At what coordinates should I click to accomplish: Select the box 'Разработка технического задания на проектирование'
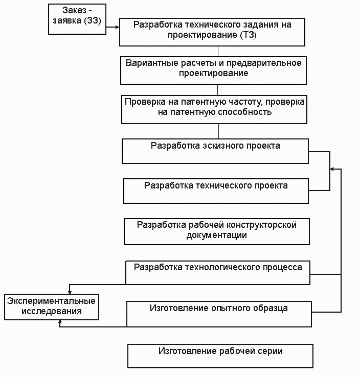click(x=212, y=32)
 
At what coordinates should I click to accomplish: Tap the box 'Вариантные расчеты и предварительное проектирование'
click(x=213, y=70)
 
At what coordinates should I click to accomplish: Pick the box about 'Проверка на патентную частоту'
click(x=215, y=109)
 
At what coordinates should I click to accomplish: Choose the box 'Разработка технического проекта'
click(x=216, y=191)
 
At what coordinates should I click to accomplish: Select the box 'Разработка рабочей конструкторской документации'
click(x=217, y=231)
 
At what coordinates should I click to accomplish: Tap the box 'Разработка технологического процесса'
click(x=218, y=272)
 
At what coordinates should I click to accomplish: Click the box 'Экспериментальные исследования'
click(x=51, y=306)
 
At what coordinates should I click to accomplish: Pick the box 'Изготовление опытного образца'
click(x=219, y=313)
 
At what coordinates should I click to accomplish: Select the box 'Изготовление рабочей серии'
click(x=220, y=356)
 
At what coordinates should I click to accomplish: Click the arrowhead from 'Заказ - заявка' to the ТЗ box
click(x=117, y=23)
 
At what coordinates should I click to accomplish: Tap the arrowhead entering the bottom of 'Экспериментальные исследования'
click(x=60, y=322)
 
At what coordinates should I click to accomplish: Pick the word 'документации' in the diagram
click(x=217, y=235)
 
